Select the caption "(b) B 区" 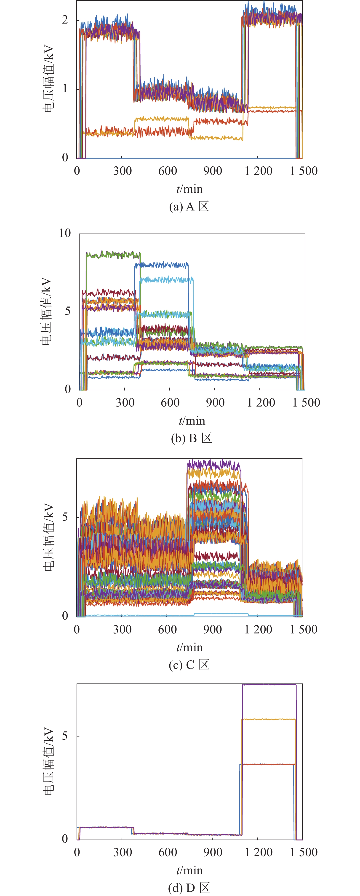[191, 438]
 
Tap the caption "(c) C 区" [189, 665]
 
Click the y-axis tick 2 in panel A [65, 20]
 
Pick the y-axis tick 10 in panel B [65, 233]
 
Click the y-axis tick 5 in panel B [68, 311]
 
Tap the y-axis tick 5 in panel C [65, 517]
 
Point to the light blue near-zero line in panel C [139, 615]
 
